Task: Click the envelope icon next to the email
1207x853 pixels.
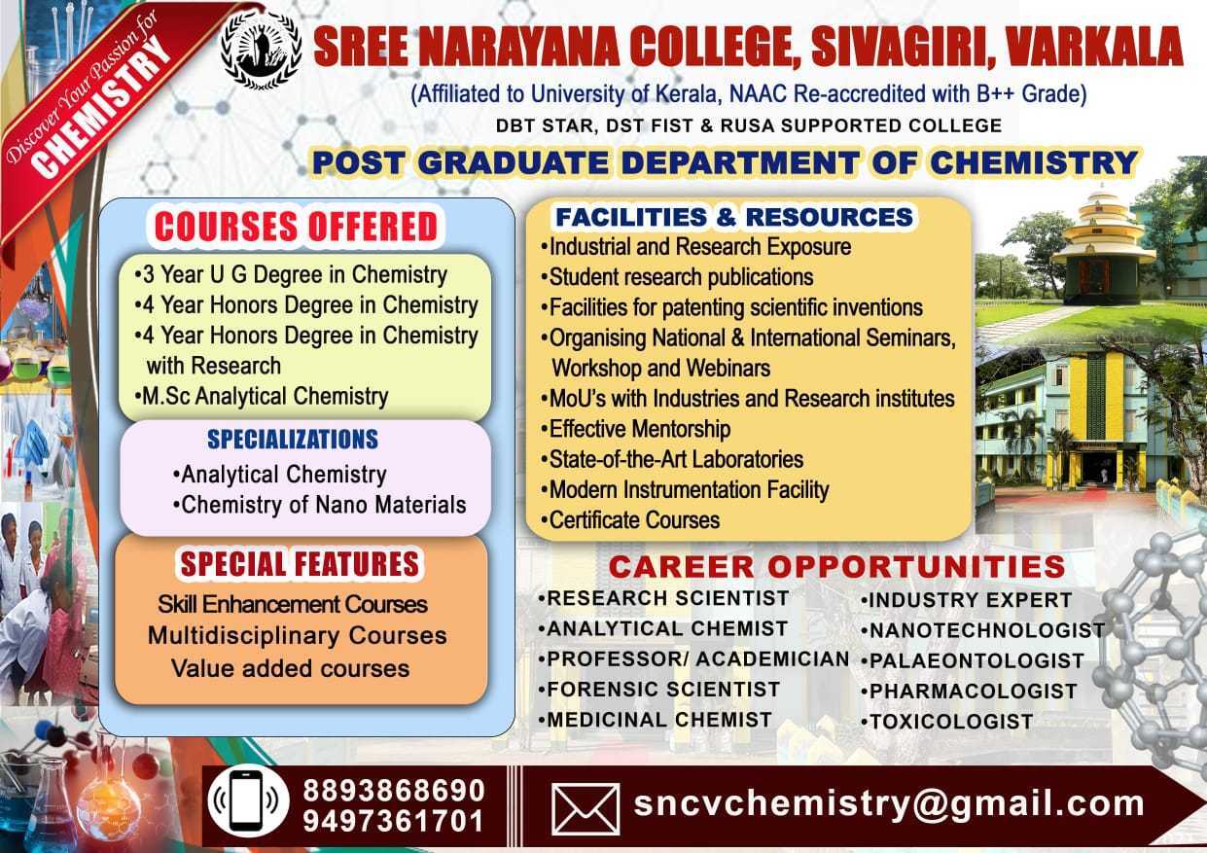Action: click(x=586, y=809)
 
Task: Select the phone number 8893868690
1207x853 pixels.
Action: click(x=394, y=791)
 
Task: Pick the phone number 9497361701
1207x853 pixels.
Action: click(x=393, y=822)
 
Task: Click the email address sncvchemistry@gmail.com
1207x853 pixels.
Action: click(x=889, y=802)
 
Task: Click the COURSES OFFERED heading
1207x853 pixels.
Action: click(x=296, y=227)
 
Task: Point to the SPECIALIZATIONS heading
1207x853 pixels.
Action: click(x=293, y=440)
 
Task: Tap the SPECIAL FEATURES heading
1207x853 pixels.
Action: click(x=300, y=564)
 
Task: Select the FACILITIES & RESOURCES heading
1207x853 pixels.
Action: click(x=734, y=217)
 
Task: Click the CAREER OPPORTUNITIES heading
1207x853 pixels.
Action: click(x=836, y=567)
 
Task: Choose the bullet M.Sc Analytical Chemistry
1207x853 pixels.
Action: click(x=262, y=397)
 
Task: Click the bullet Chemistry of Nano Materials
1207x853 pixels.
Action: click(x=320, y=506)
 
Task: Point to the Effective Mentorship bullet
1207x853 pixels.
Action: click(x=636, y=430)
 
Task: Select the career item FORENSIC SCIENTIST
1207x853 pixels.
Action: click(x=659, y=690)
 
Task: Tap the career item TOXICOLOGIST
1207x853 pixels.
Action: click(x=946, y=722)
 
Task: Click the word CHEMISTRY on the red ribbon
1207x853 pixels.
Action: click(x=100, y=106)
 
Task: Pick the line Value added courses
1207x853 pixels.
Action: click(x=291, y=669)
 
